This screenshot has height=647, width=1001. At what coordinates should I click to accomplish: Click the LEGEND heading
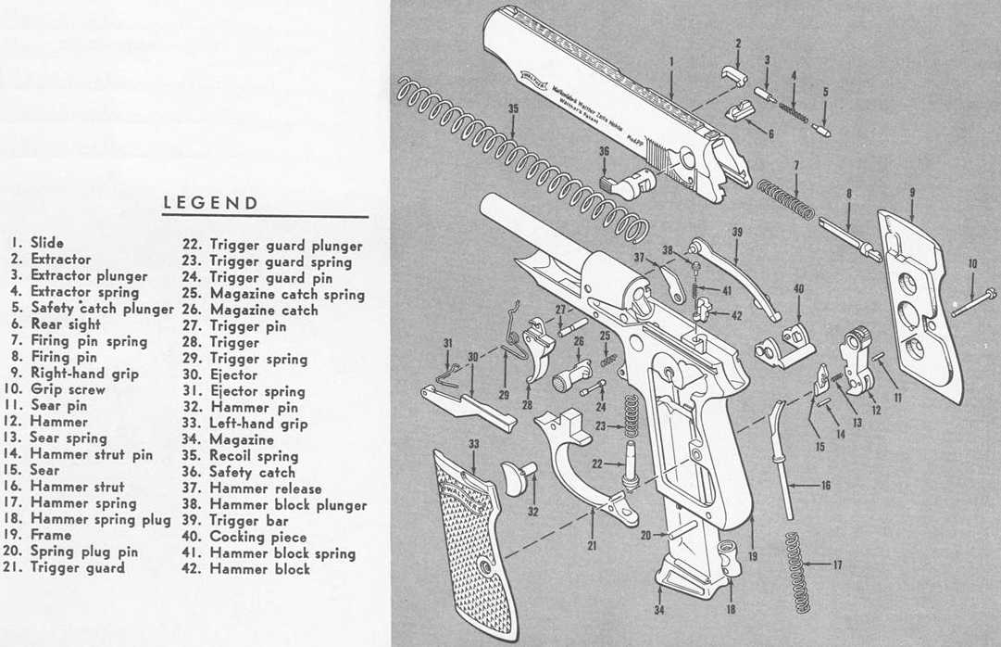click(210, 203)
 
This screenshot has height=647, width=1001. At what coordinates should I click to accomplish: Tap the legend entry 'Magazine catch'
click(264, 310)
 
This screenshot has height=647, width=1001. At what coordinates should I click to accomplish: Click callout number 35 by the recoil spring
click(513, 109)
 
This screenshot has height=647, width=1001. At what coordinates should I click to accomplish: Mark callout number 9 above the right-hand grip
click(911, 192)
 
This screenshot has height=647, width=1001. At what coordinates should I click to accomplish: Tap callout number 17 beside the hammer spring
click(836, 564)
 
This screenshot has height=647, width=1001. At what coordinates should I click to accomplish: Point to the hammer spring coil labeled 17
click(795, 572)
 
